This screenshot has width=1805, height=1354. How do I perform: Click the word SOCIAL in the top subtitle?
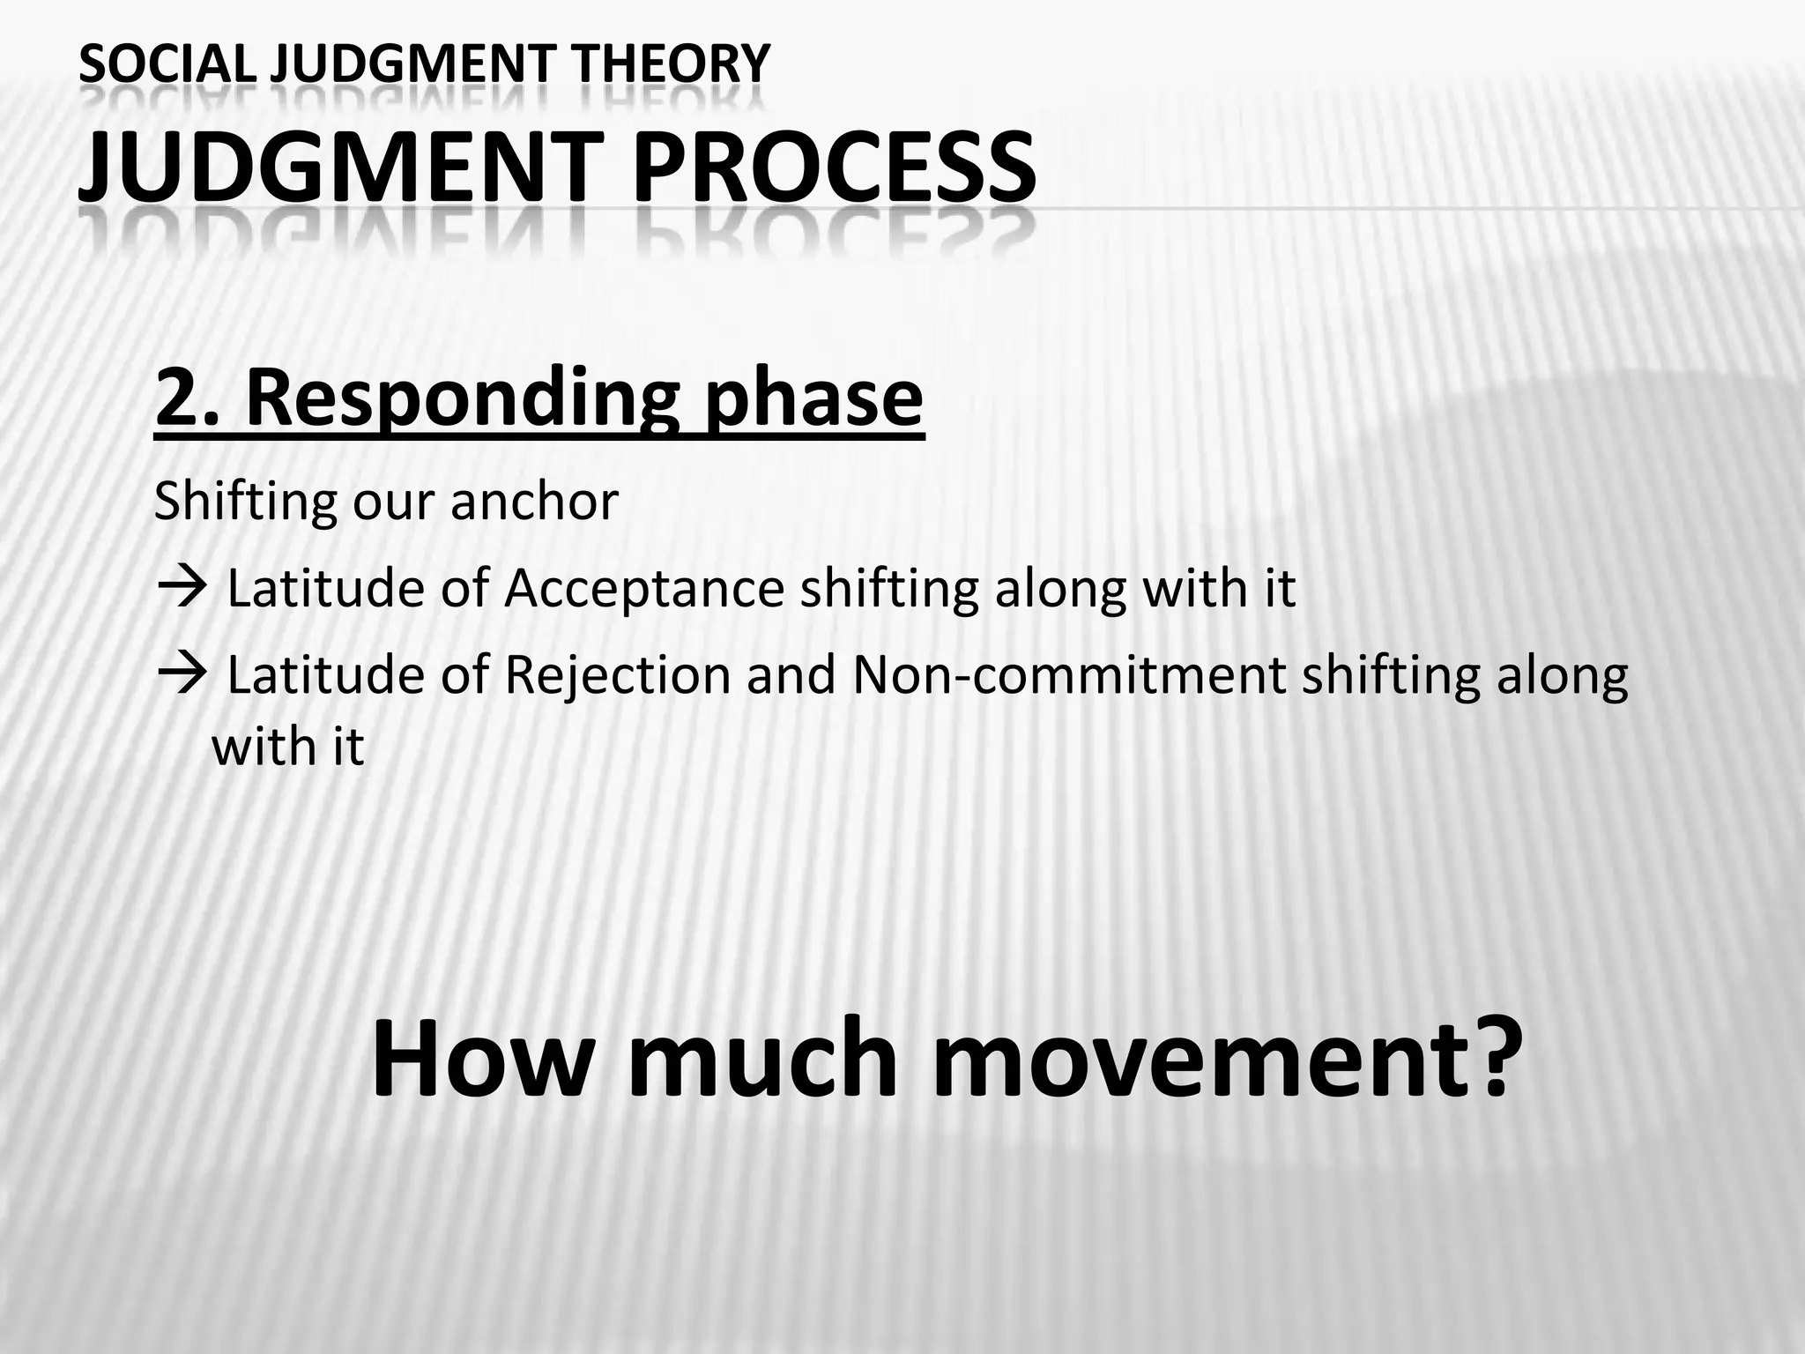pos(167,63)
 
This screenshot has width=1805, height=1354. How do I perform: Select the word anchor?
pos(534,502)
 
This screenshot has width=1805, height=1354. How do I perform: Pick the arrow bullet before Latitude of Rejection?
pos(181,674)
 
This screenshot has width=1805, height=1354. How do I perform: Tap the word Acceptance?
pos(643,589)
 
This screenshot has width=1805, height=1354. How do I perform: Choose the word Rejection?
pos(617,675)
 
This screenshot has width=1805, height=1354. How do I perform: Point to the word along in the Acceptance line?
pos(1061,589)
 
